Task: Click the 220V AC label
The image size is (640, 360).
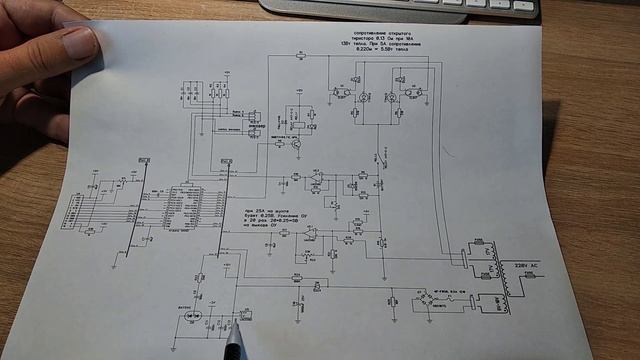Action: coord(528,264)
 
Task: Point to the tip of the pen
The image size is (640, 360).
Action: coord(238,324)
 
